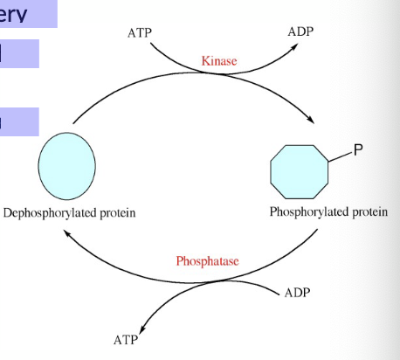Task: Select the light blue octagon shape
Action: (300, 173)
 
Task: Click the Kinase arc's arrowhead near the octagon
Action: (310, 121)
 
